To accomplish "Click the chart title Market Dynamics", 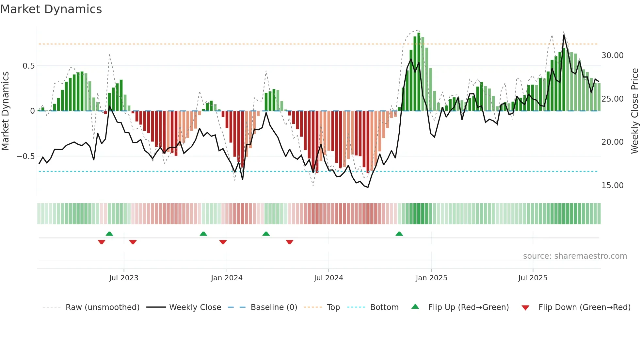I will (51, 9).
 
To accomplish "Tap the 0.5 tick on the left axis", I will (28, 66).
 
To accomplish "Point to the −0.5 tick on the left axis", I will (25, 156).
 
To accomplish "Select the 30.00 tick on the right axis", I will (612, 56).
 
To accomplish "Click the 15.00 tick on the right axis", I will (612, 186).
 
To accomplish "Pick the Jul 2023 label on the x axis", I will (124, 278).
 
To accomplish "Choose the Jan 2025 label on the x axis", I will (431, 278).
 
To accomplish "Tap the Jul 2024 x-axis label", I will (328, 278).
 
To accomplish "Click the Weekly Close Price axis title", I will (634, 111).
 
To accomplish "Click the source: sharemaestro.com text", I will (575, 256).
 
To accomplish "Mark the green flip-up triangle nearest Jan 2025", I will (399, 234).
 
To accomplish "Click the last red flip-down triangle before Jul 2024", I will (290, 242).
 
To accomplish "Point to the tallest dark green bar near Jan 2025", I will (419, 72).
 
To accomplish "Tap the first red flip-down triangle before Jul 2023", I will (102, 242).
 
